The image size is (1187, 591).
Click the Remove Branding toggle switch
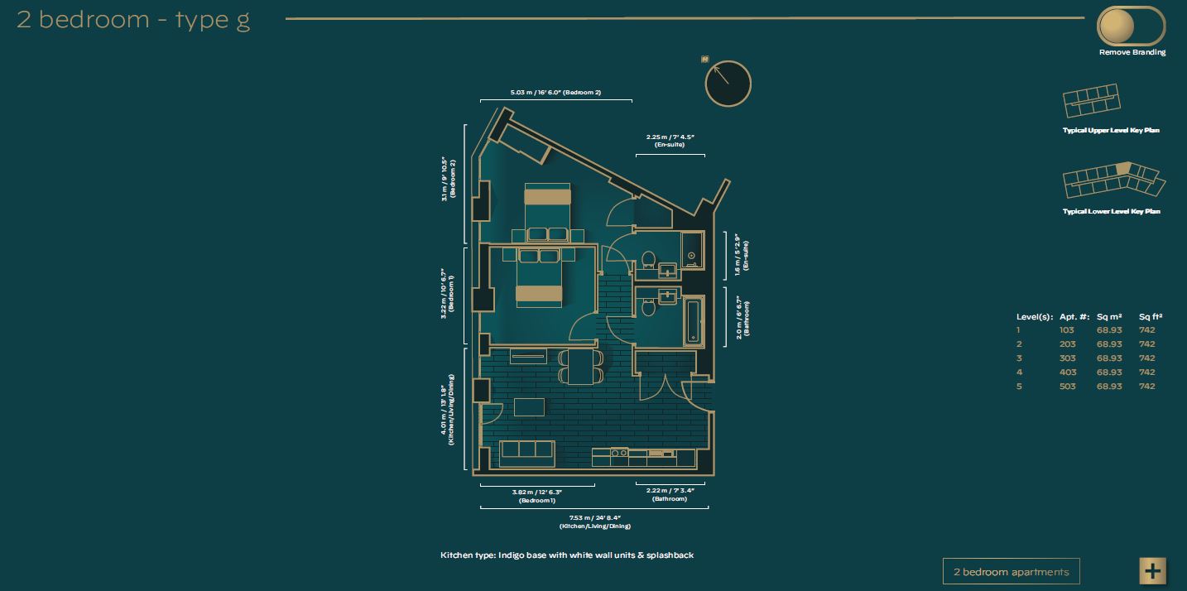(1131, 27)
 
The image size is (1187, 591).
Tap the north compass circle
(728, 84)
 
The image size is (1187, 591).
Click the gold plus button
(1152, 570)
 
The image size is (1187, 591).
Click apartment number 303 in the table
(1067, 358)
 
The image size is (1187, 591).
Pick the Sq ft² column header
(1151, 317)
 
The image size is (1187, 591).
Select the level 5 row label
(1020, 387)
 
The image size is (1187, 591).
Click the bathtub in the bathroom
(693, 321)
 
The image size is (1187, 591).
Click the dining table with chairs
(580, 365)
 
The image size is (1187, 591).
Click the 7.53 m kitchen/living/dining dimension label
(594, 521)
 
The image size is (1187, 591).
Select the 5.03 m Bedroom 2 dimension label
(555, 93)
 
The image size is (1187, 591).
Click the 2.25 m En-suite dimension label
(670, 140)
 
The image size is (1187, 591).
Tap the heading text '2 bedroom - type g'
(133, 20)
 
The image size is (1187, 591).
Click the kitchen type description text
(567, 555)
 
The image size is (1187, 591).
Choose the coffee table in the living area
(529, 407)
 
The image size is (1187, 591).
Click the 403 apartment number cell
(1067, 372)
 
